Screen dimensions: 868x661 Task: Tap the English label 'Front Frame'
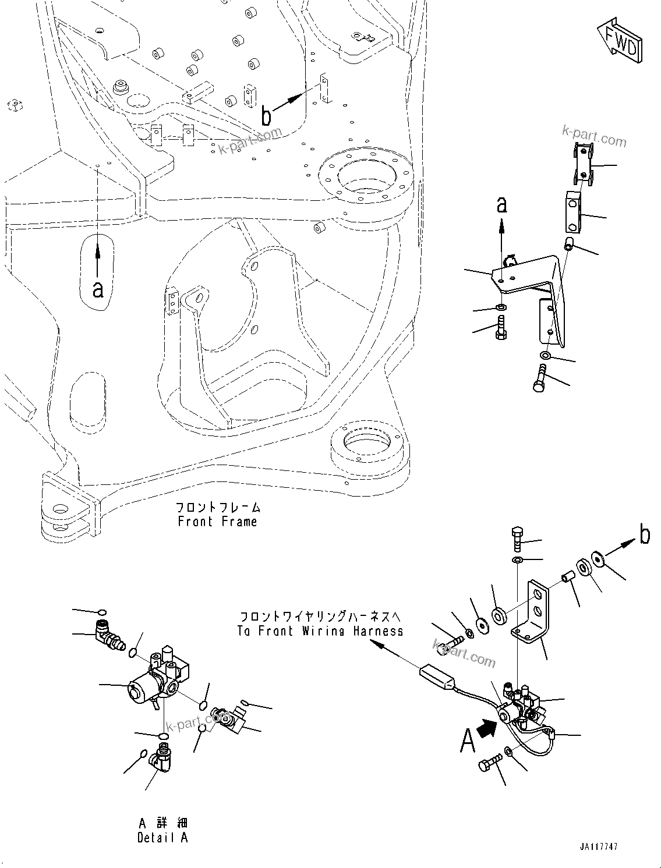pos(217,521)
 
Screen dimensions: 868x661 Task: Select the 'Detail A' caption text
pos(162,837)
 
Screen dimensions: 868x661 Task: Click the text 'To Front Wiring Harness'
pos(320,630)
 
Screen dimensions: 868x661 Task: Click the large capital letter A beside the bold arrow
pos(468,741)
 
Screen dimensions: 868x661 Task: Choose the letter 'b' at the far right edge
pos(644,534)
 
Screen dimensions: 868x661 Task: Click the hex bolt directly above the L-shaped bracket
pos(517,539)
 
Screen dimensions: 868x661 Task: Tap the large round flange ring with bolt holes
pos(365,175)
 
